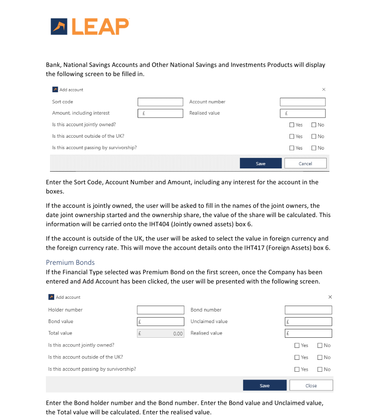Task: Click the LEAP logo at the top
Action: click(90, 26)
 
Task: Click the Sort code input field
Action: click(160, 102)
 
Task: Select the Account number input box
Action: click(302, 102)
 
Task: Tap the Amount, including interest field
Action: click(160, 113)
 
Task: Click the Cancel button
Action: click(305, 163)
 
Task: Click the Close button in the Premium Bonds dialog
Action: click(311, 385)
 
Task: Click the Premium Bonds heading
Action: click(70, 263)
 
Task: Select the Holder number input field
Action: click(160, 310)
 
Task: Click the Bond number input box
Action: click(308, 310)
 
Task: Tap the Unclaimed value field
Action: click(308, 322)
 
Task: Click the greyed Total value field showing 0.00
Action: click(160, 334)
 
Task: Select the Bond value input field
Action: click(160, 322)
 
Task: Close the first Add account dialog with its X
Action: click(323, 89)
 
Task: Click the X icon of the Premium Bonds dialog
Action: click(330, 297)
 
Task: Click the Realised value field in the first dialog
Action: click(302, 113)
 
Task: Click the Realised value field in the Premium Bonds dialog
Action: click(308, 334)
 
